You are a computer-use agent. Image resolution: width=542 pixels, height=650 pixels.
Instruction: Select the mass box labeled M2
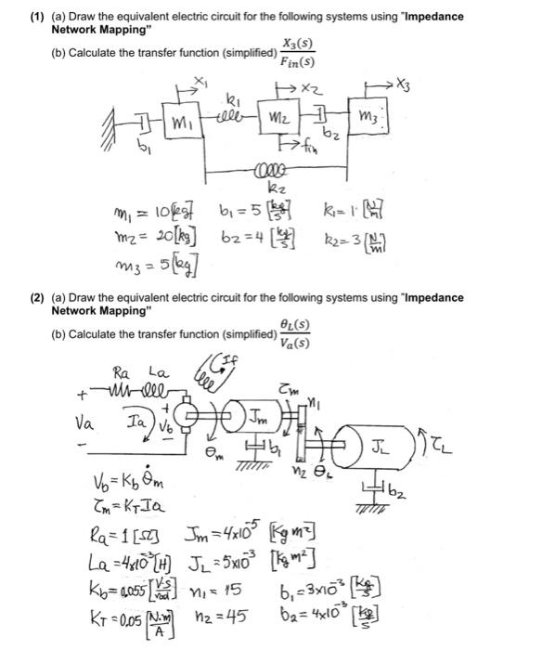[279, 120]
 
